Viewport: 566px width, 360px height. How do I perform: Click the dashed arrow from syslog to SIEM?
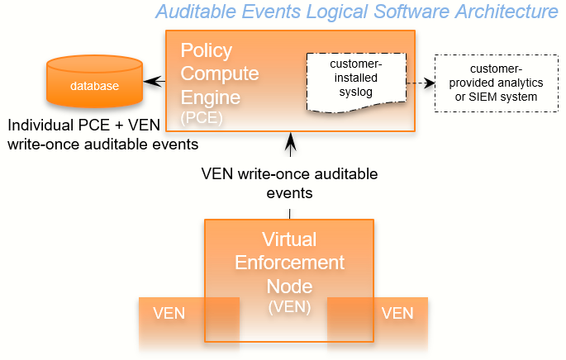click(x=421, y=83)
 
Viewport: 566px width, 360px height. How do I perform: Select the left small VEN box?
click(x=169, y=314)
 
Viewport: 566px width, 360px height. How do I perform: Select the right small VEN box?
click(x=397, y=314)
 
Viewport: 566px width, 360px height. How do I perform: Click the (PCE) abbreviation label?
click(x=202, y=118)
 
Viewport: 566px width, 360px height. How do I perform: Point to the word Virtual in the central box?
click(x=289, y=240)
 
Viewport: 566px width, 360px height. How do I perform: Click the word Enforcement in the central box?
click(x=289, y=263)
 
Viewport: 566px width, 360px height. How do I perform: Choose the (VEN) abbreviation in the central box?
click(x=289, y=306)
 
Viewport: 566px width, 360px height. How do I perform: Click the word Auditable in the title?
click(x=195, y=12)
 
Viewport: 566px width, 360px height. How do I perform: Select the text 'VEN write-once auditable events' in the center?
click(x=289, y=183)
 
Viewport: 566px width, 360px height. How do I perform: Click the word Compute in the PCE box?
click(x=220, y=73)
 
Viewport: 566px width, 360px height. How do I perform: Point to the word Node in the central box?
click(x=289, y=286)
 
